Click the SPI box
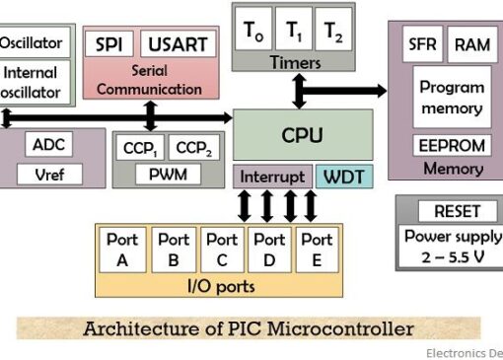pyautogui.click(x=109, y=43)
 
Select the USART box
pyautogui.click(x=178, y=43)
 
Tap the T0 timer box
pyautogui.click(x=253, y=29)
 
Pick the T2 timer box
pyautogui.click(x=333, y=29)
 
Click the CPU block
pyautogui.click(x=303, y=135)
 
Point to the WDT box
pyautogui.click(x=344, y=177)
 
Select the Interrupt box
pyautogui.click(x=272, y=177)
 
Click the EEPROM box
pyautogui.click(x=452, y=145)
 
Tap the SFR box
pyautogui.click(x=422, y=44)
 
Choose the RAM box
pyautogui.click(x=472, y=44)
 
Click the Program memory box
pyautogui.click(x=452, y=97)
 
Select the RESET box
pyautogui.click(x=458, y=211)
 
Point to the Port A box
pyautogui.click(x=122, y=250)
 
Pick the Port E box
pyautogui.click(x=317, y=250)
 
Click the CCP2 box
pyautogui.click(x=193, y=148)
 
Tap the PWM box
pyautogui.click(x=168, y=175)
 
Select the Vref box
pyautogui.click(x=49, y=175)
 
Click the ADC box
pyautogui.click(x=49, y=144)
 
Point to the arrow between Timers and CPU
pyautogui.click(x=299, y=91)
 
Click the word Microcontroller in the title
pyautogui.click(x=340, y=328)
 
